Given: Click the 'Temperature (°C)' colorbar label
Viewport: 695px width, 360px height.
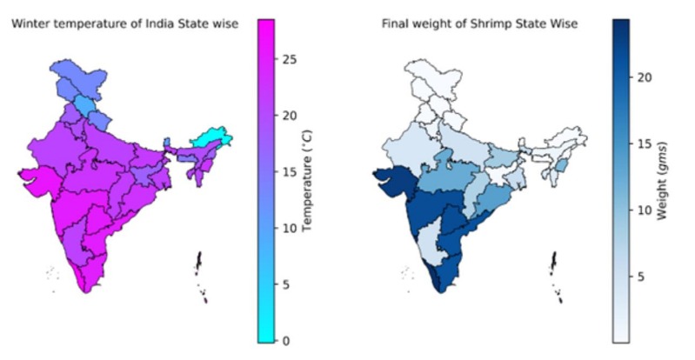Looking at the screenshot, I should click(x=306, y=182).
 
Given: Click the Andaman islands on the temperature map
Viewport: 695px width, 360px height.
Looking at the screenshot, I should click(x=200, y=264).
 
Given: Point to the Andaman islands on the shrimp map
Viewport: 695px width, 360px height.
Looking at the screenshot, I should click(x=554, y=264).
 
